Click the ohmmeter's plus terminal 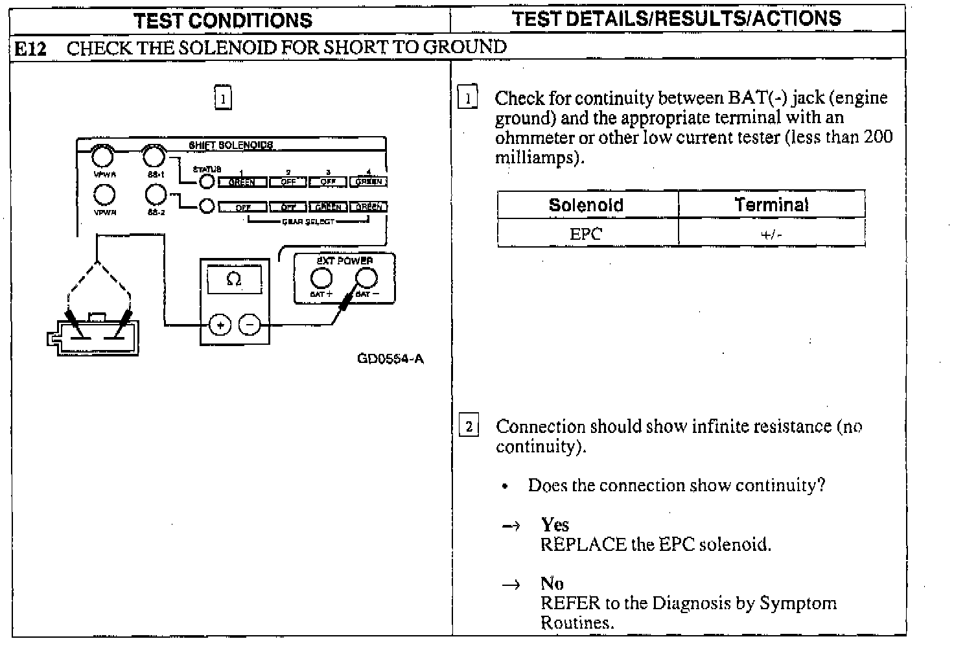tap(220, 324)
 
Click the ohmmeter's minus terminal tap(250, 324)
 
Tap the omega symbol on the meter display tap(234, 279)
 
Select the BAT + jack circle tap(321, 278)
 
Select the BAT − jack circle tap(366, 278)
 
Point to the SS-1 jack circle tap(154, 156)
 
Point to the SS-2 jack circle tap(156, 194)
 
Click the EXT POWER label tap(344, 261)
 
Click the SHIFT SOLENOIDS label tap(231, 145)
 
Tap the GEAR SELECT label tap(308, 222)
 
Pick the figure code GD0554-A tap(390, 359)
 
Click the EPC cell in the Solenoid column tap(586, 234)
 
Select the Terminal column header tap(771, 205)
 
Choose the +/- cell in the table tap(771, 235)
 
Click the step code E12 tap(30, 49)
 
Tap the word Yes tap(555, 524)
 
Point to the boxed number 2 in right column tap(469, 426)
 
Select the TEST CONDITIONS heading tap(223, 20)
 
